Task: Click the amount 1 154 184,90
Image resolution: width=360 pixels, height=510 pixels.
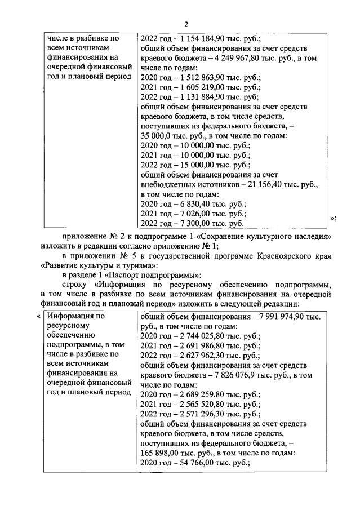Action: click(x=201, y=39)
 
